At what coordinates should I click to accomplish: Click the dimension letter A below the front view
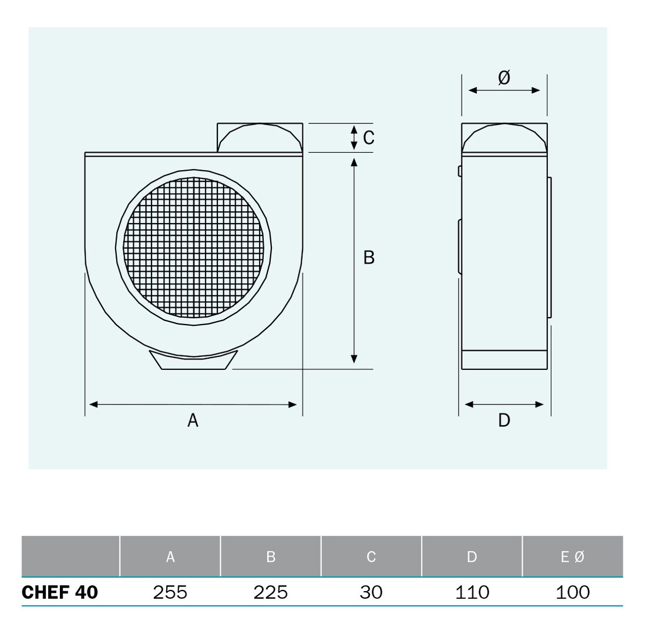coord(193,420)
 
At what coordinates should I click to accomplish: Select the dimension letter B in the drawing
coord(369,257)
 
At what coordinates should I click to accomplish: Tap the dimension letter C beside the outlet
coord(369,137)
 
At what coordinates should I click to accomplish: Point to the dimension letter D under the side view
coord(504,420)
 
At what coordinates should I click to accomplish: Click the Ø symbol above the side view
coord(504,77)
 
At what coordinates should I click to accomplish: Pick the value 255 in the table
coord(170,592)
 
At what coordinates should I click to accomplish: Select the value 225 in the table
coord(271,592)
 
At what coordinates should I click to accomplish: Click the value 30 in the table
coord(371,592)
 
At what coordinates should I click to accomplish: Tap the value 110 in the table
coord(472,592)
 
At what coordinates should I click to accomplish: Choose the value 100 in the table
coord(573,592)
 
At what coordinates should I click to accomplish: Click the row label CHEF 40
coord(60,592)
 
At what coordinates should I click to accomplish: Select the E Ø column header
coord(573,557)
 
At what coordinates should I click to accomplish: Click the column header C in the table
coord(371,557)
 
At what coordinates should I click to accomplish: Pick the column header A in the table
coord(170,557)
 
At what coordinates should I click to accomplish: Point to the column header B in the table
coord(271,557)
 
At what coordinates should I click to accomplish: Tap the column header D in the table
coord(472,557)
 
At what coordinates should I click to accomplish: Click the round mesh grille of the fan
coord(194,247)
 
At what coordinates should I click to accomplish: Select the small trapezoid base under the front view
coord(194,362)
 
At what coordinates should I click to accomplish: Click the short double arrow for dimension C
coord(354,137)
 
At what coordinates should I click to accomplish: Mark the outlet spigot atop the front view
coord(260,139)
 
